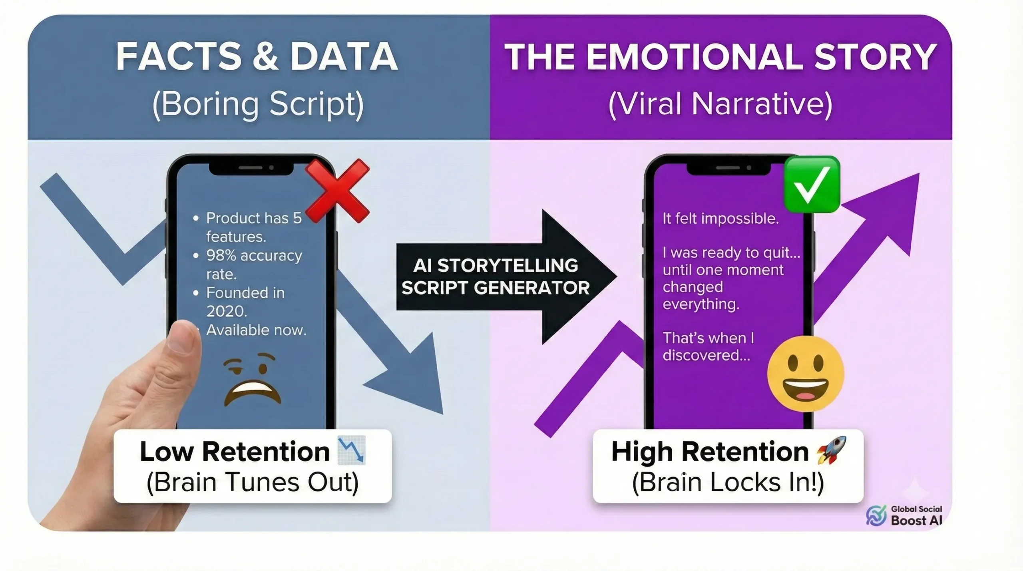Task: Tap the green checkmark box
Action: tap(811, 185)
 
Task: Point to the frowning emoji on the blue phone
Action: tap(253, 380)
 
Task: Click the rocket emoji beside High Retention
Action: tap(832, 450)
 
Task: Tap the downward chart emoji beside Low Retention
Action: tap(352, 450)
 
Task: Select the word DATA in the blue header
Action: tap(344, 57)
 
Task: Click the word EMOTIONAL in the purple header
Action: tap(695, 57)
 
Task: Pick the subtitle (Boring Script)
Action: tap(258, 104)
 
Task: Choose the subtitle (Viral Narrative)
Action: tap(720, 104)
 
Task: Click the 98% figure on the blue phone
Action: tap(221, 255)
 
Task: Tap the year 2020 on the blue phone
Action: tap(226, 311)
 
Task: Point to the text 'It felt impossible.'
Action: tap(720, 219)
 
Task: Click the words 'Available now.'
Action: tap(256, 330)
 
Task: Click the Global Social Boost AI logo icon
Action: tap(876, 515)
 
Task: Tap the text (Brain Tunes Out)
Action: tap(253, 482)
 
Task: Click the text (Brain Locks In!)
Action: tap(728, 482)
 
